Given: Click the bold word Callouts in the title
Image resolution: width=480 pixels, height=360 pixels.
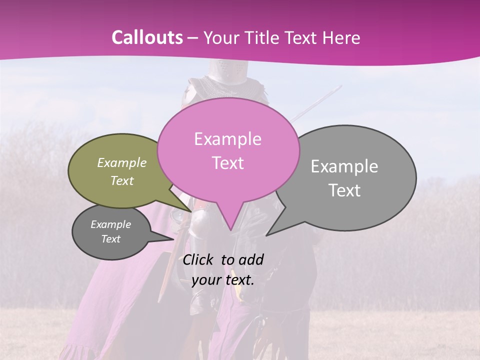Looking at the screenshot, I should pyautogui.click(x=147, y=37).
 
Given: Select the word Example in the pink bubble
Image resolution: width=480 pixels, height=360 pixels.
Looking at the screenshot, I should pyautogui.click(x=227, y=139).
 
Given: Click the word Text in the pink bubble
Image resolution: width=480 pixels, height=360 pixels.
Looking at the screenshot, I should pyautogui.click(x=227, y=162).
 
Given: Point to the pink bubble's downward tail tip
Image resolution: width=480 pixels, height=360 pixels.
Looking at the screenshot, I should pyautogui.click(x=230, y=229).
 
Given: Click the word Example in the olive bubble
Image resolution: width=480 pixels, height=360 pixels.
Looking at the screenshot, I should pyautogui.click(x=122, y=162).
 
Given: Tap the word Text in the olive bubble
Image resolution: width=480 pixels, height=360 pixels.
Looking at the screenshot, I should pyautogui.click(x=122, y=180).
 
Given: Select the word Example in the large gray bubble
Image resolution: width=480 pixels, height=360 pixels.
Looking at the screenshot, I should pyautogui.click(x=344, y=166).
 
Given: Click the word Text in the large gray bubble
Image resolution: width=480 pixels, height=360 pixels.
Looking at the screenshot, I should pyautogui.click(x=344, y=190).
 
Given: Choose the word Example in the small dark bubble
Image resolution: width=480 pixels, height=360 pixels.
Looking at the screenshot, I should pyautogui.click(x=110, y=224).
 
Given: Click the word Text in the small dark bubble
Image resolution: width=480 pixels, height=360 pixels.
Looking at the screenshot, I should pyautogui.click(x=110, y=239).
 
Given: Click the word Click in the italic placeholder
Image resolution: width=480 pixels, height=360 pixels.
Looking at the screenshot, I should pyautogui.click(x=199, y=259).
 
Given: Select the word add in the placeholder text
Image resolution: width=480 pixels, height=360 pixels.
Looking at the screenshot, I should pyautogui.click(x=251, y=259).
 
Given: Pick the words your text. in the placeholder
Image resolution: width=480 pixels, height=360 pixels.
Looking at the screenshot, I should pyautogui.click(x=222, y=280).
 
